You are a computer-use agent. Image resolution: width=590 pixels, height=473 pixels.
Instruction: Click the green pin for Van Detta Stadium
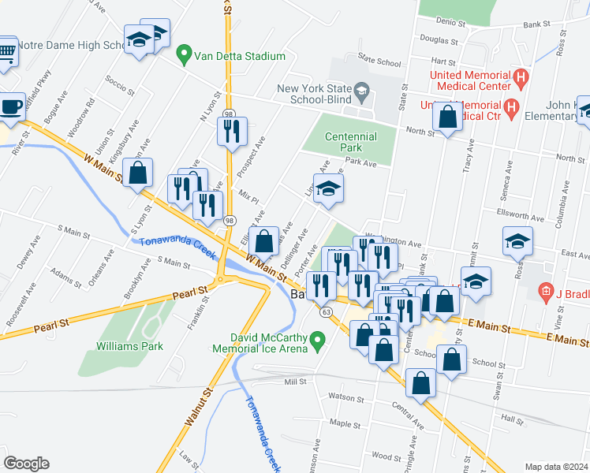click(185, 56)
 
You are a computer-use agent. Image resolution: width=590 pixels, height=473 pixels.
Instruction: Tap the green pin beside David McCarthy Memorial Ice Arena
click(318, 341)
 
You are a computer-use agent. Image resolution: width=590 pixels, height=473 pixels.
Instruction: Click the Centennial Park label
click(351, 141)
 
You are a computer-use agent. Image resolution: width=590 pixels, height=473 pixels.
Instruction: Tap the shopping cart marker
click(6, 54)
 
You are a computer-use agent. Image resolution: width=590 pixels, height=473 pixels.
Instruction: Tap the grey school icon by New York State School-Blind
click(362, 91)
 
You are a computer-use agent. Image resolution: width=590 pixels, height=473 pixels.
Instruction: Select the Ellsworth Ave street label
click(517, 213)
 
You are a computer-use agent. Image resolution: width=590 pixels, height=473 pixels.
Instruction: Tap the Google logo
click(27, 464)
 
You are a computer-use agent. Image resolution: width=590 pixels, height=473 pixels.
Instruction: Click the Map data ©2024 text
click(556, 466)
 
